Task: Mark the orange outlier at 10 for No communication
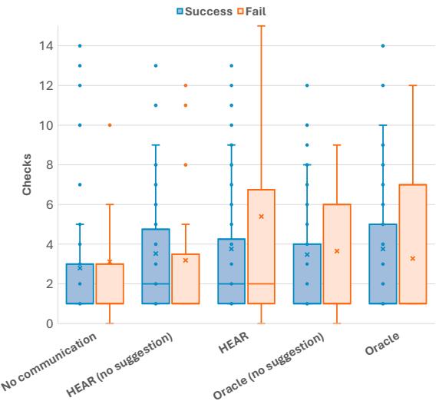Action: point(110,125)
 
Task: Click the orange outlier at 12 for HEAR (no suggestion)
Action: point(185,85)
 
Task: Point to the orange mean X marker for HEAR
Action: point(261,217)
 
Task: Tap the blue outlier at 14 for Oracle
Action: point(383,46)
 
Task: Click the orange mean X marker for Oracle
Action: point(414,258)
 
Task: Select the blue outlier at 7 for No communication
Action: point(80,184)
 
